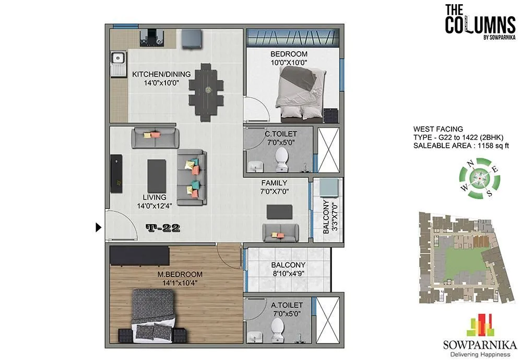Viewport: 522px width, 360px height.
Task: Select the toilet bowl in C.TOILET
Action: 282,158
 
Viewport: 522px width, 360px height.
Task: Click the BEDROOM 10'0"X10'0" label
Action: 289,58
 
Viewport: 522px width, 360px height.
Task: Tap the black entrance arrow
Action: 99,227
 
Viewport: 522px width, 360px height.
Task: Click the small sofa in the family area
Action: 280,232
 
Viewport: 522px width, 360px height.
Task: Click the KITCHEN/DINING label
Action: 161,78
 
